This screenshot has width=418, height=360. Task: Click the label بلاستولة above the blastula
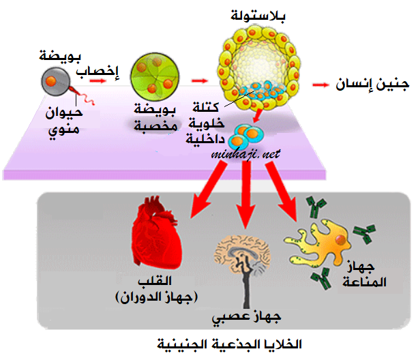(258, 16)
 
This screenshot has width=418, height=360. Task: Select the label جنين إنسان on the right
(372, 84)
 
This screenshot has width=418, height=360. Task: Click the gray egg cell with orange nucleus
(55, 82)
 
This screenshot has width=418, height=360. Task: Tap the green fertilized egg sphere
(155, 77)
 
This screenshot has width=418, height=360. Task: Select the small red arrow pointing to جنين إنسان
(320, 85)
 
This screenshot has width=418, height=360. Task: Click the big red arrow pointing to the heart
(209, 190)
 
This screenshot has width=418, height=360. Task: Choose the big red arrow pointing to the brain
(246, 194)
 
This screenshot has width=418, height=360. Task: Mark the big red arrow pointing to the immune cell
(282, 192)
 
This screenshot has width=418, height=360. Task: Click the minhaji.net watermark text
(245, 154)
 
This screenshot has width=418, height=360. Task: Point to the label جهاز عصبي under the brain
(246, 317)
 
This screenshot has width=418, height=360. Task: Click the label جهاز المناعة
(364, 274)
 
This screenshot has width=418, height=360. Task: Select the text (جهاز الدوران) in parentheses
(156, 297)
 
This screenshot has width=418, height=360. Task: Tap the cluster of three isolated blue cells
(245, 136)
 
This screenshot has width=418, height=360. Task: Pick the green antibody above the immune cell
(316, 207)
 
